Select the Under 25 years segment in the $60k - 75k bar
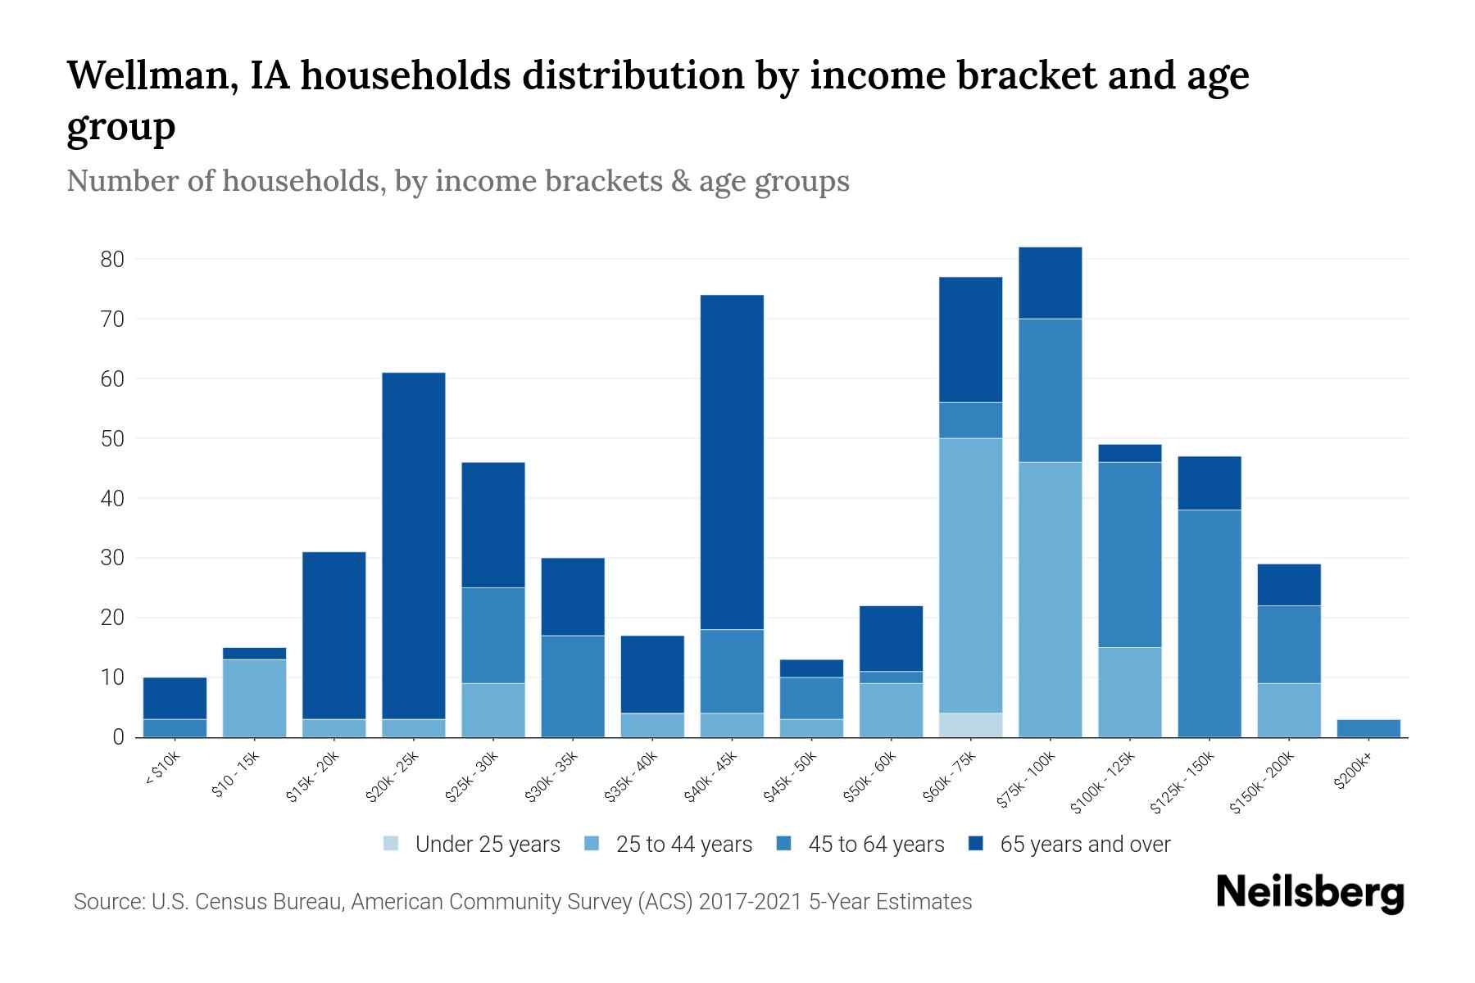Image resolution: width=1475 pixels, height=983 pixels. (x=970, y=725)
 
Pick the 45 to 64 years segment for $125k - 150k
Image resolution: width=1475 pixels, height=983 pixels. (x=1209, y=623)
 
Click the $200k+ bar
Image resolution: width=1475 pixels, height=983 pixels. (x=1368, y=728)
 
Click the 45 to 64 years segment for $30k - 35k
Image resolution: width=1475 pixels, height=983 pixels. (x=573, y=686)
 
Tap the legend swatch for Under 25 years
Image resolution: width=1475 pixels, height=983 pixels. (x=392, y=844)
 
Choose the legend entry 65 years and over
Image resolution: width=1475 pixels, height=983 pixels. (x=1085, y=845)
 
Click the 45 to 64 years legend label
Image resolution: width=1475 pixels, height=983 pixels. (x=876, y=845)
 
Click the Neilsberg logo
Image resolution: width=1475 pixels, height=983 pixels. (x=1309, y=892)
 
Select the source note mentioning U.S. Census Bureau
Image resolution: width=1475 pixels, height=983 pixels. (x=522, y=902)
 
